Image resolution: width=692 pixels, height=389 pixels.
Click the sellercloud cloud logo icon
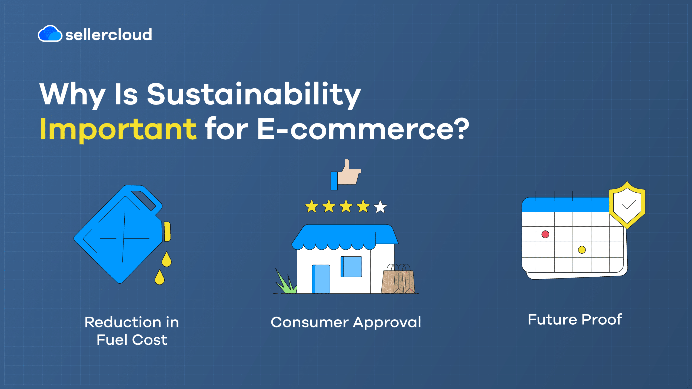50,33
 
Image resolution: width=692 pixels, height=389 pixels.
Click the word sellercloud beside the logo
109,35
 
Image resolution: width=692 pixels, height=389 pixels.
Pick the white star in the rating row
380,207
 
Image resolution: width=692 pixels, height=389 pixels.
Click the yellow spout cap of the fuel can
167,232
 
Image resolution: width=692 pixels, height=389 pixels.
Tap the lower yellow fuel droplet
159,277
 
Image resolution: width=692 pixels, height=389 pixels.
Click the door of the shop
321,279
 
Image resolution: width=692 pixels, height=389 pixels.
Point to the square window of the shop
351,267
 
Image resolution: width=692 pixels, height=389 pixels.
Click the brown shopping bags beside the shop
398,279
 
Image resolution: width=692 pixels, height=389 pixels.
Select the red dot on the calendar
545,234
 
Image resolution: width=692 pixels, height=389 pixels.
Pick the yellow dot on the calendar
582,250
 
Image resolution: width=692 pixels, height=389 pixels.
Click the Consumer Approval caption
346,323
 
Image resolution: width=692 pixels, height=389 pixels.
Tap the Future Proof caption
575,320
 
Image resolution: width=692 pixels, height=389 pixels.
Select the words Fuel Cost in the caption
132,340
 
